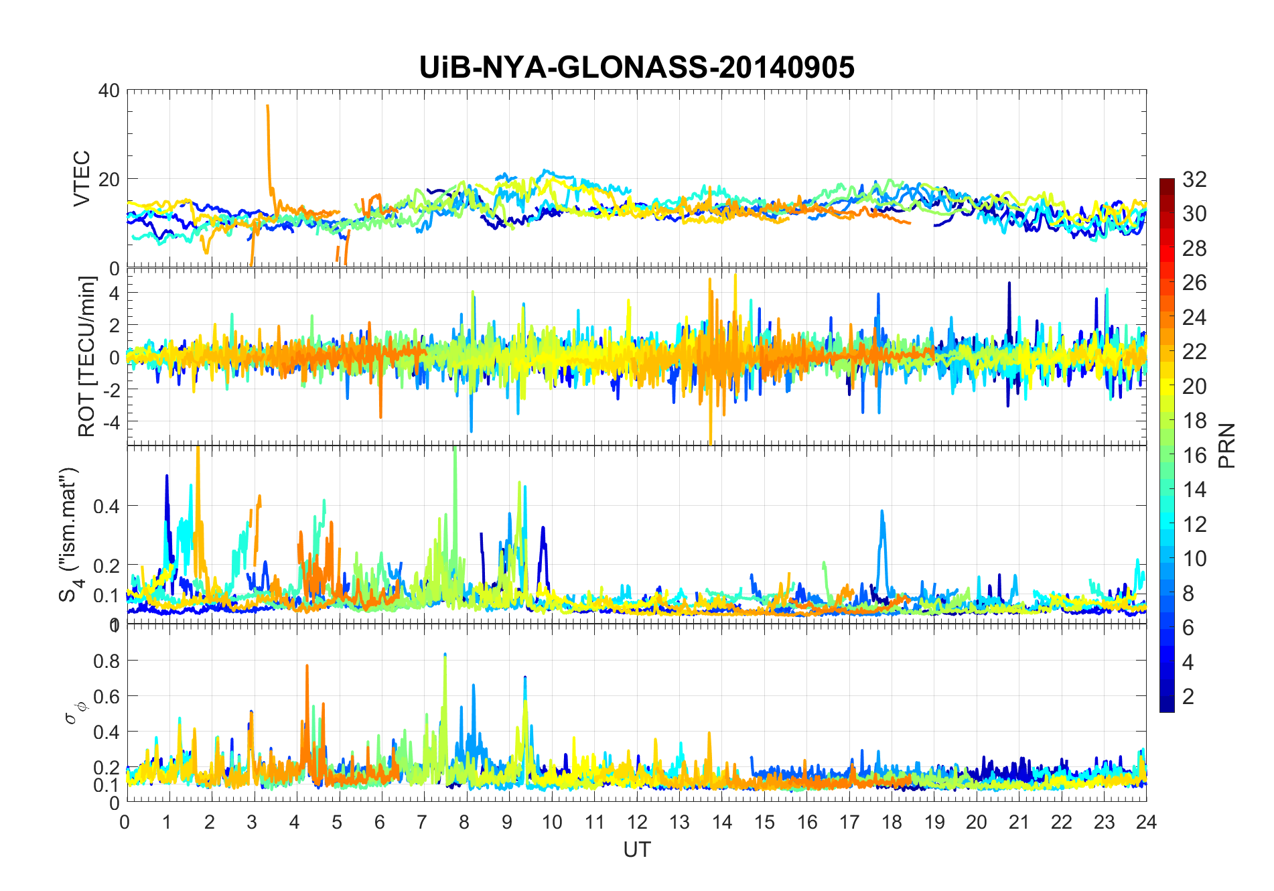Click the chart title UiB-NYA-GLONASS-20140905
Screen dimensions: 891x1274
636,68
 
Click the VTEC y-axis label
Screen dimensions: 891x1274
82,178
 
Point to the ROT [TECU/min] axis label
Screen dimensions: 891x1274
87,356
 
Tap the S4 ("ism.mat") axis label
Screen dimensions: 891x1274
70,534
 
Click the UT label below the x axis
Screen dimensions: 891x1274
636,849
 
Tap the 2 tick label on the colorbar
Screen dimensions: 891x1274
1188,697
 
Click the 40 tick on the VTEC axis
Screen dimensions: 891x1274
109,90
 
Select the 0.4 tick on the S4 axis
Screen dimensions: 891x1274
106,506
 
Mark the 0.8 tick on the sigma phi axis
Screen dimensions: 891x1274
106,661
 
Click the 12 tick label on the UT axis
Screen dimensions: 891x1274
637,822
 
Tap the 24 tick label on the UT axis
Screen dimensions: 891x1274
1146,822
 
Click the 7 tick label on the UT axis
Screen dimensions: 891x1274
422,822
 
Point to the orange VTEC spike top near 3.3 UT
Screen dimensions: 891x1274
268,106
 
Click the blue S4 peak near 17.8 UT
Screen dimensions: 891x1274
882,512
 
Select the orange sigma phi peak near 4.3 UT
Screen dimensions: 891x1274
307,666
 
